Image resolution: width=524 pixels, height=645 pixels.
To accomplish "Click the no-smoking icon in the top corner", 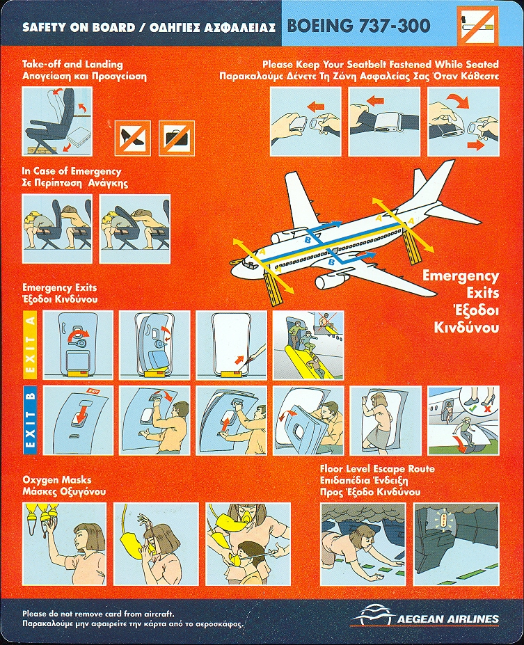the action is coord(478,24).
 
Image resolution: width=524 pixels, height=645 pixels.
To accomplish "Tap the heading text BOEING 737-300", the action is coord(358,26).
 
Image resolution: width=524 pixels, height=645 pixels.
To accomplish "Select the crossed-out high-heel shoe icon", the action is coord(132,137).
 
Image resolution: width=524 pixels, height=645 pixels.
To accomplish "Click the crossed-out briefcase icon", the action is coord(177,137).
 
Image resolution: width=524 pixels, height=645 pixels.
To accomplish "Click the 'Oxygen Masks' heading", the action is coord(57,479).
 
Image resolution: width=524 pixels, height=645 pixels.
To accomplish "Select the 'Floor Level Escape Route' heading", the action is coord(377,468).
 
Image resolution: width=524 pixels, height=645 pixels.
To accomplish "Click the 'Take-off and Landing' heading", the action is coord(72,64).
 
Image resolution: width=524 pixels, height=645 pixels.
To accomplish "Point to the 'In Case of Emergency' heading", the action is coord(72,171).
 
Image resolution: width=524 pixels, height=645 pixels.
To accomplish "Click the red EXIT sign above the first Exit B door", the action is coord(94,391).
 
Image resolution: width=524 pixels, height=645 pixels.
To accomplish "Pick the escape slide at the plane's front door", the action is coord(273,288).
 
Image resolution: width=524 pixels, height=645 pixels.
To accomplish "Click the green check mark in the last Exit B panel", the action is coord(473,409).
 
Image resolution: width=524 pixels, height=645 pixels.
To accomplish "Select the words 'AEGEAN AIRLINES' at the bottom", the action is coord(447,619).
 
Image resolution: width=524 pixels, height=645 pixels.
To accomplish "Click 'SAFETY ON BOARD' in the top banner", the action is coord(78,28).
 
